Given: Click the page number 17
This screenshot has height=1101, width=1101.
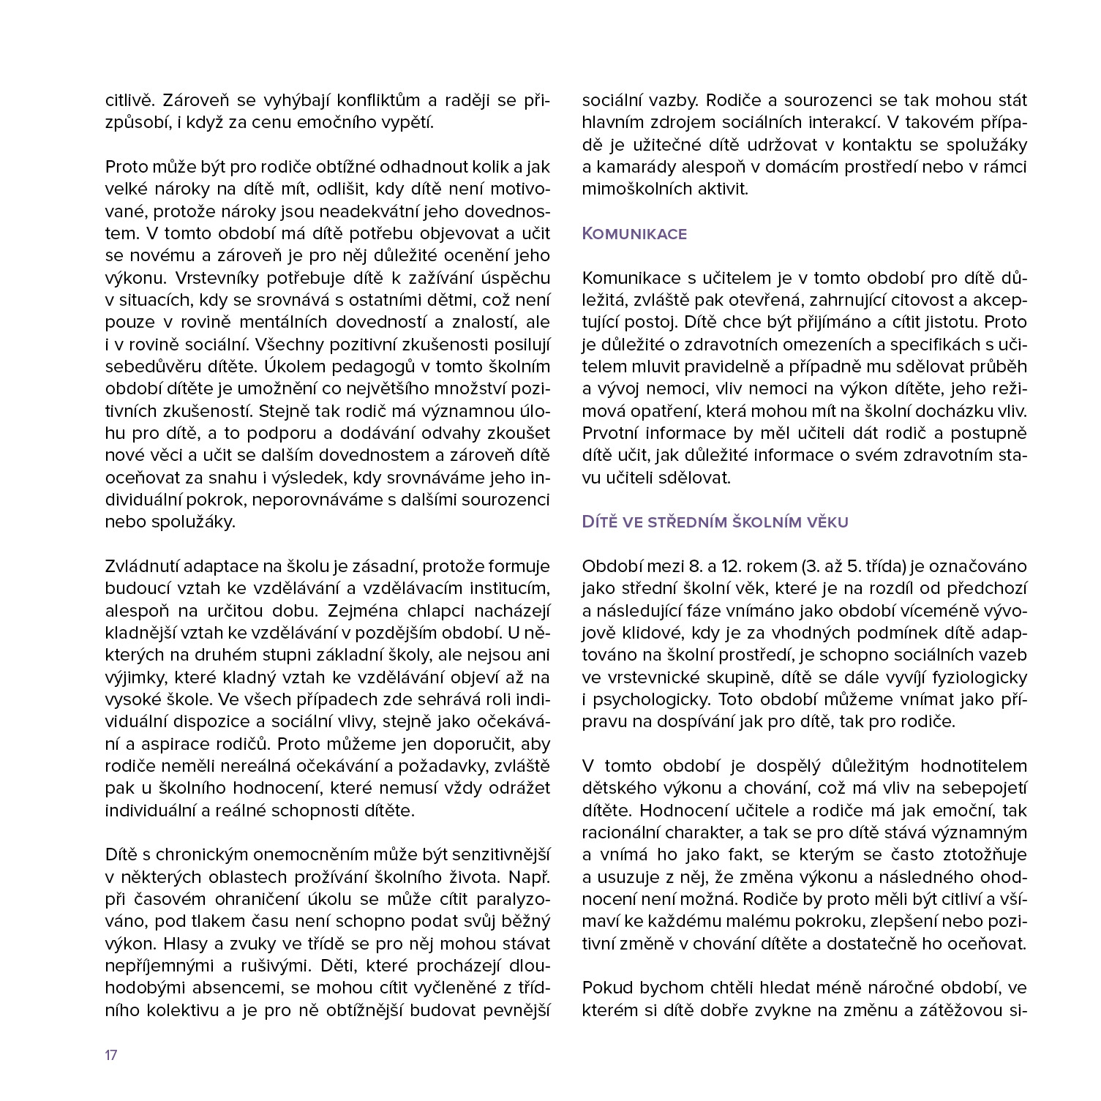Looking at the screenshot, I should (x=111, y=1055).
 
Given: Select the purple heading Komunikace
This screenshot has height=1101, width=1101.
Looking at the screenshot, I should (x=634, y=234).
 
